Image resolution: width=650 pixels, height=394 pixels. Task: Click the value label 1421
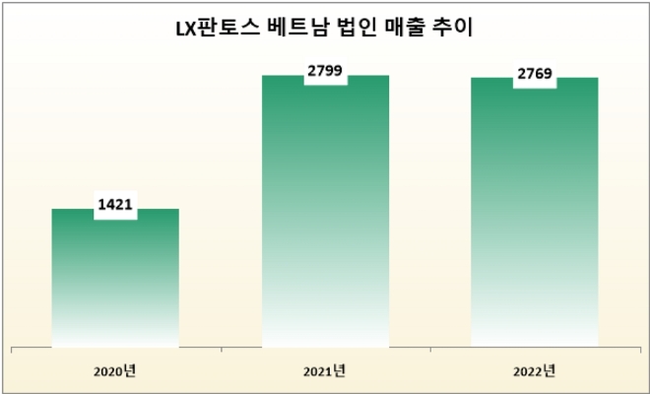point(115,207)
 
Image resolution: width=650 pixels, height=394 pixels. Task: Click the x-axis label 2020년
point(115,371)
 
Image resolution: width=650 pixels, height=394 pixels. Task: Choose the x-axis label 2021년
point(325,371)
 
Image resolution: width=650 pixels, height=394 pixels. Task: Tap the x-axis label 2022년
point(535,371)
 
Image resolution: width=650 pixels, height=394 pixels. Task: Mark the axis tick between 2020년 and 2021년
point(221,349)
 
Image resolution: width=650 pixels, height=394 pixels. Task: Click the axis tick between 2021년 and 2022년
point(430,349)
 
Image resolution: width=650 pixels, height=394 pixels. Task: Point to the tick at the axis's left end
point(11,349)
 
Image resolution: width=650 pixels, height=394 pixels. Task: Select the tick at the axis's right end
point(639,349)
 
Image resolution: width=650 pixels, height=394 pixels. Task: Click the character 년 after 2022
point(550,371)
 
